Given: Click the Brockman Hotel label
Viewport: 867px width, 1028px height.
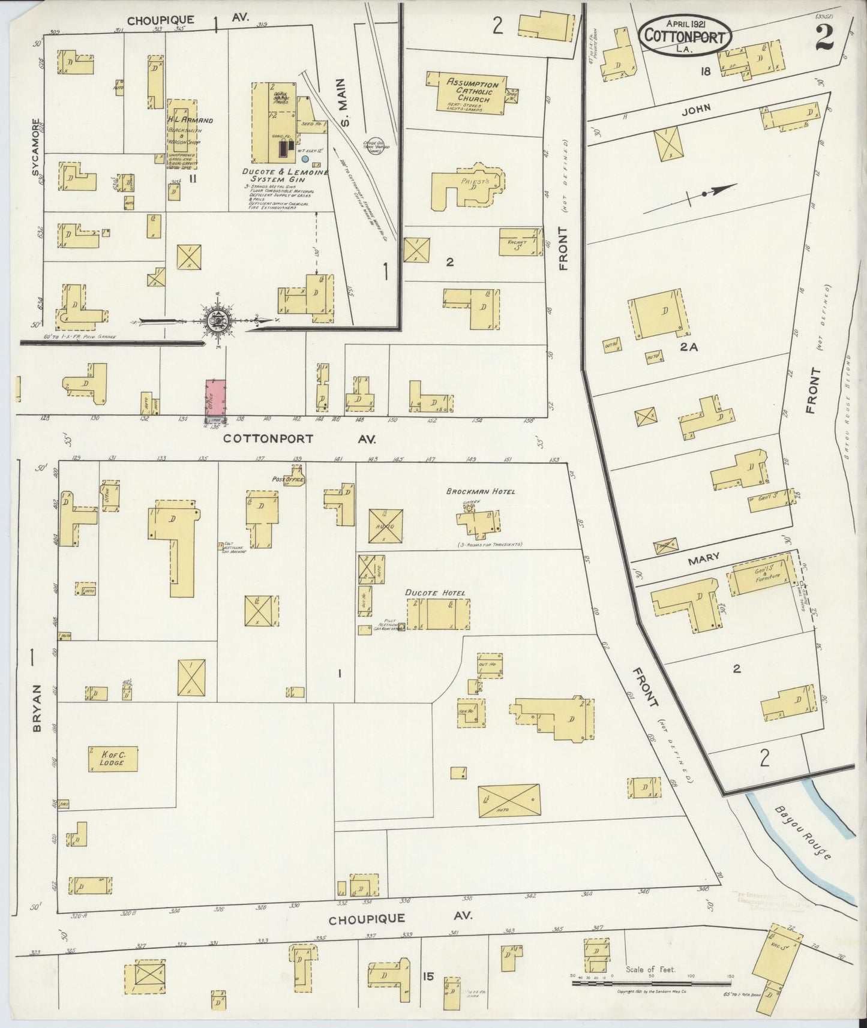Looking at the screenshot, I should point(481,491).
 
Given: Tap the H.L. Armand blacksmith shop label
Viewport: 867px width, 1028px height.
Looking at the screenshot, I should point(189,120).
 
